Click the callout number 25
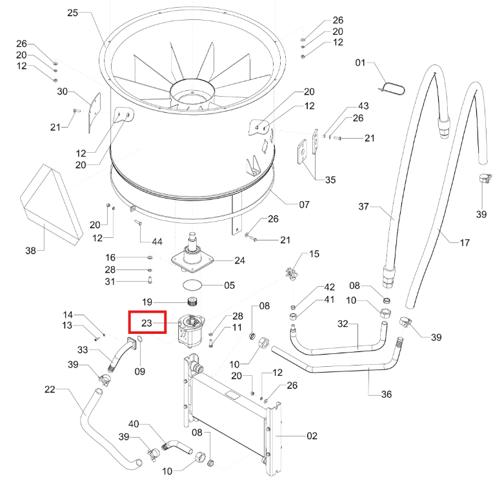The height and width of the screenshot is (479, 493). (x=73, y=13)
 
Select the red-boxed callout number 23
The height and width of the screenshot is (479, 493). (x=147, y=323)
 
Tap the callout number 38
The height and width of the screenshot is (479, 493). (x=30, y=250)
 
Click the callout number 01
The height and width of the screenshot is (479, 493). (x=360, y=63)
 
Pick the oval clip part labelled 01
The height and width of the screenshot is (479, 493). (x=393, y=88)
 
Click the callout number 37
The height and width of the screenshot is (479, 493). (x=364, y=206)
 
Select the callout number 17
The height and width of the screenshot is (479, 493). (x=465, y=242)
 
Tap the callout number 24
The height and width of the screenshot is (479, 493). (x=240, y=260)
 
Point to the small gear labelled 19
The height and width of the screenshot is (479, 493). (x=192, y=302)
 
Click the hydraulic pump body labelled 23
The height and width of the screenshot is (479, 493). (x=190, y=331)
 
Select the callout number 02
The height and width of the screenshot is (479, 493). (x=312, y=436)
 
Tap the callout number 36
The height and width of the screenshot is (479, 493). (x=387, y=394)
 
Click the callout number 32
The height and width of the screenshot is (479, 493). (x=343, y=324)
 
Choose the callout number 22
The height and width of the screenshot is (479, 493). (x=50, y=389)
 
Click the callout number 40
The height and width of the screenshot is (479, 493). (x=134, y=424)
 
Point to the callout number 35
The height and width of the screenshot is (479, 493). (x=330, y=180)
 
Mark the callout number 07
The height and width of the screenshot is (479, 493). (x=304, y=204)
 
